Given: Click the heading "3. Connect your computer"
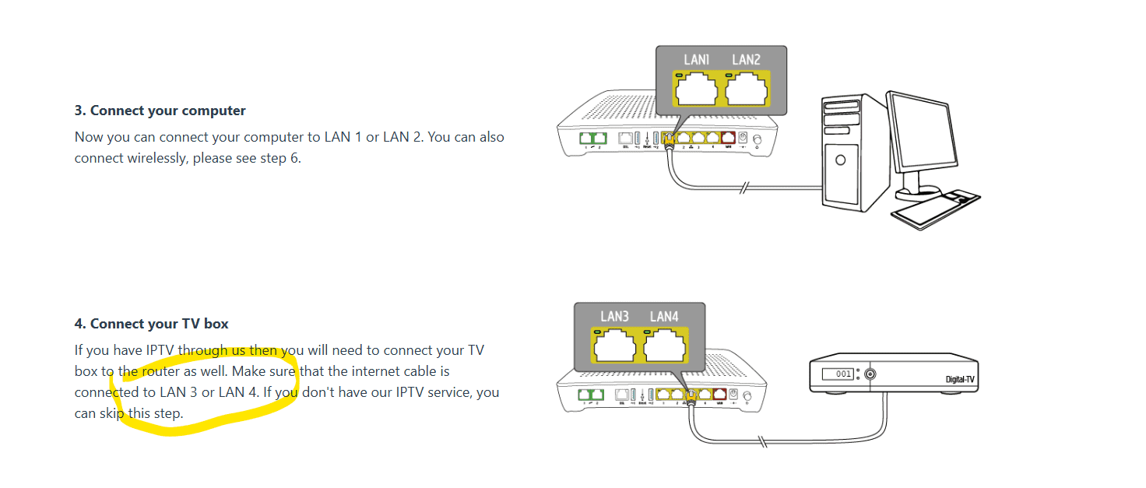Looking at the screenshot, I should click(160, 111).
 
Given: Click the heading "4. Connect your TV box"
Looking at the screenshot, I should click(151, 324).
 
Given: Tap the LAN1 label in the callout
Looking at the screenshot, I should click(696, 60).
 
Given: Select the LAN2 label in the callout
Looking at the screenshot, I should click(746, 60).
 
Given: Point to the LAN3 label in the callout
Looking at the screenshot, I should click(614, 317).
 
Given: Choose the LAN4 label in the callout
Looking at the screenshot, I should click(664, 317).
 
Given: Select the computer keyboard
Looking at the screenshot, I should click(934, 208).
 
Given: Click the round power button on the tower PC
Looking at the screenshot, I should click(840, 161).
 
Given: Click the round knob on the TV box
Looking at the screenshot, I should click(870, 374).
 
